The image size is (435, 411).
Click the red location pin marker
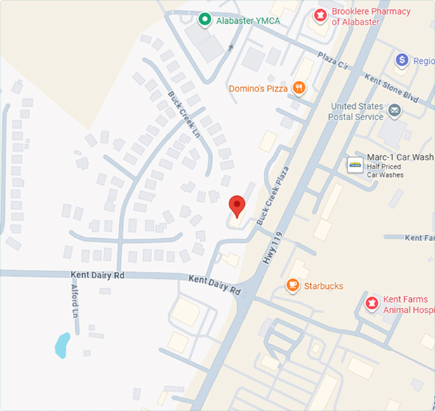[x=237, y=205]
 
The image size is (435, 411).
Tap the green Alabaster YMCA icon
[x=204, y=20]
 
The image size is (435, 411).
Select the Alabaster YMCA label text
[x=248, y=20]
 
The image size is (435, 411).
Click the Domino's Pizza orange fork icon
[x=300, y=88]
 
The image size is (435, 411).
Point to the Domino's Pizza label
[x=258, y=89]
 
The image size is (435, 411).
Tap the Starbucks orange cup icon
[x=292, y=285]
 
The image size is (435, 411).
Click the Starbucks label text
[x=323, y=286]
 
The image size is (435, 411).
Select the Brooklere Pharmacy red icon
[x=320, y=15]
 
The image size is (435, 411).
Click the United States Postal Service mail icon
[x=395, y=110]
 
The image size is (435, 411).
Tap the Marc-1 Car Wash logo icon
[x=355, y=165]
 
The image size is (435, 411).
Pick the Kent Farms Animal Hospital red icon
[x=372, y=304]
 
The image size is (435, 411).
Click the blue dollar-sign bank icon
[x=402, y=60]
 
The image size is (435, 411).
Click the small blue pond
[x=62, y=344]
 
